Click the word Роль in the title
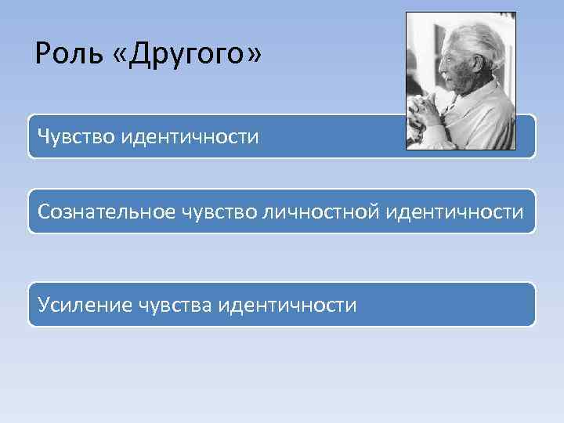66,54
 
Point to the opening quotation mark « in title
123,56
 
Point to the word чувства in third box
176,305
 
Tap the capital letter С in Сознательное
45,211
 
